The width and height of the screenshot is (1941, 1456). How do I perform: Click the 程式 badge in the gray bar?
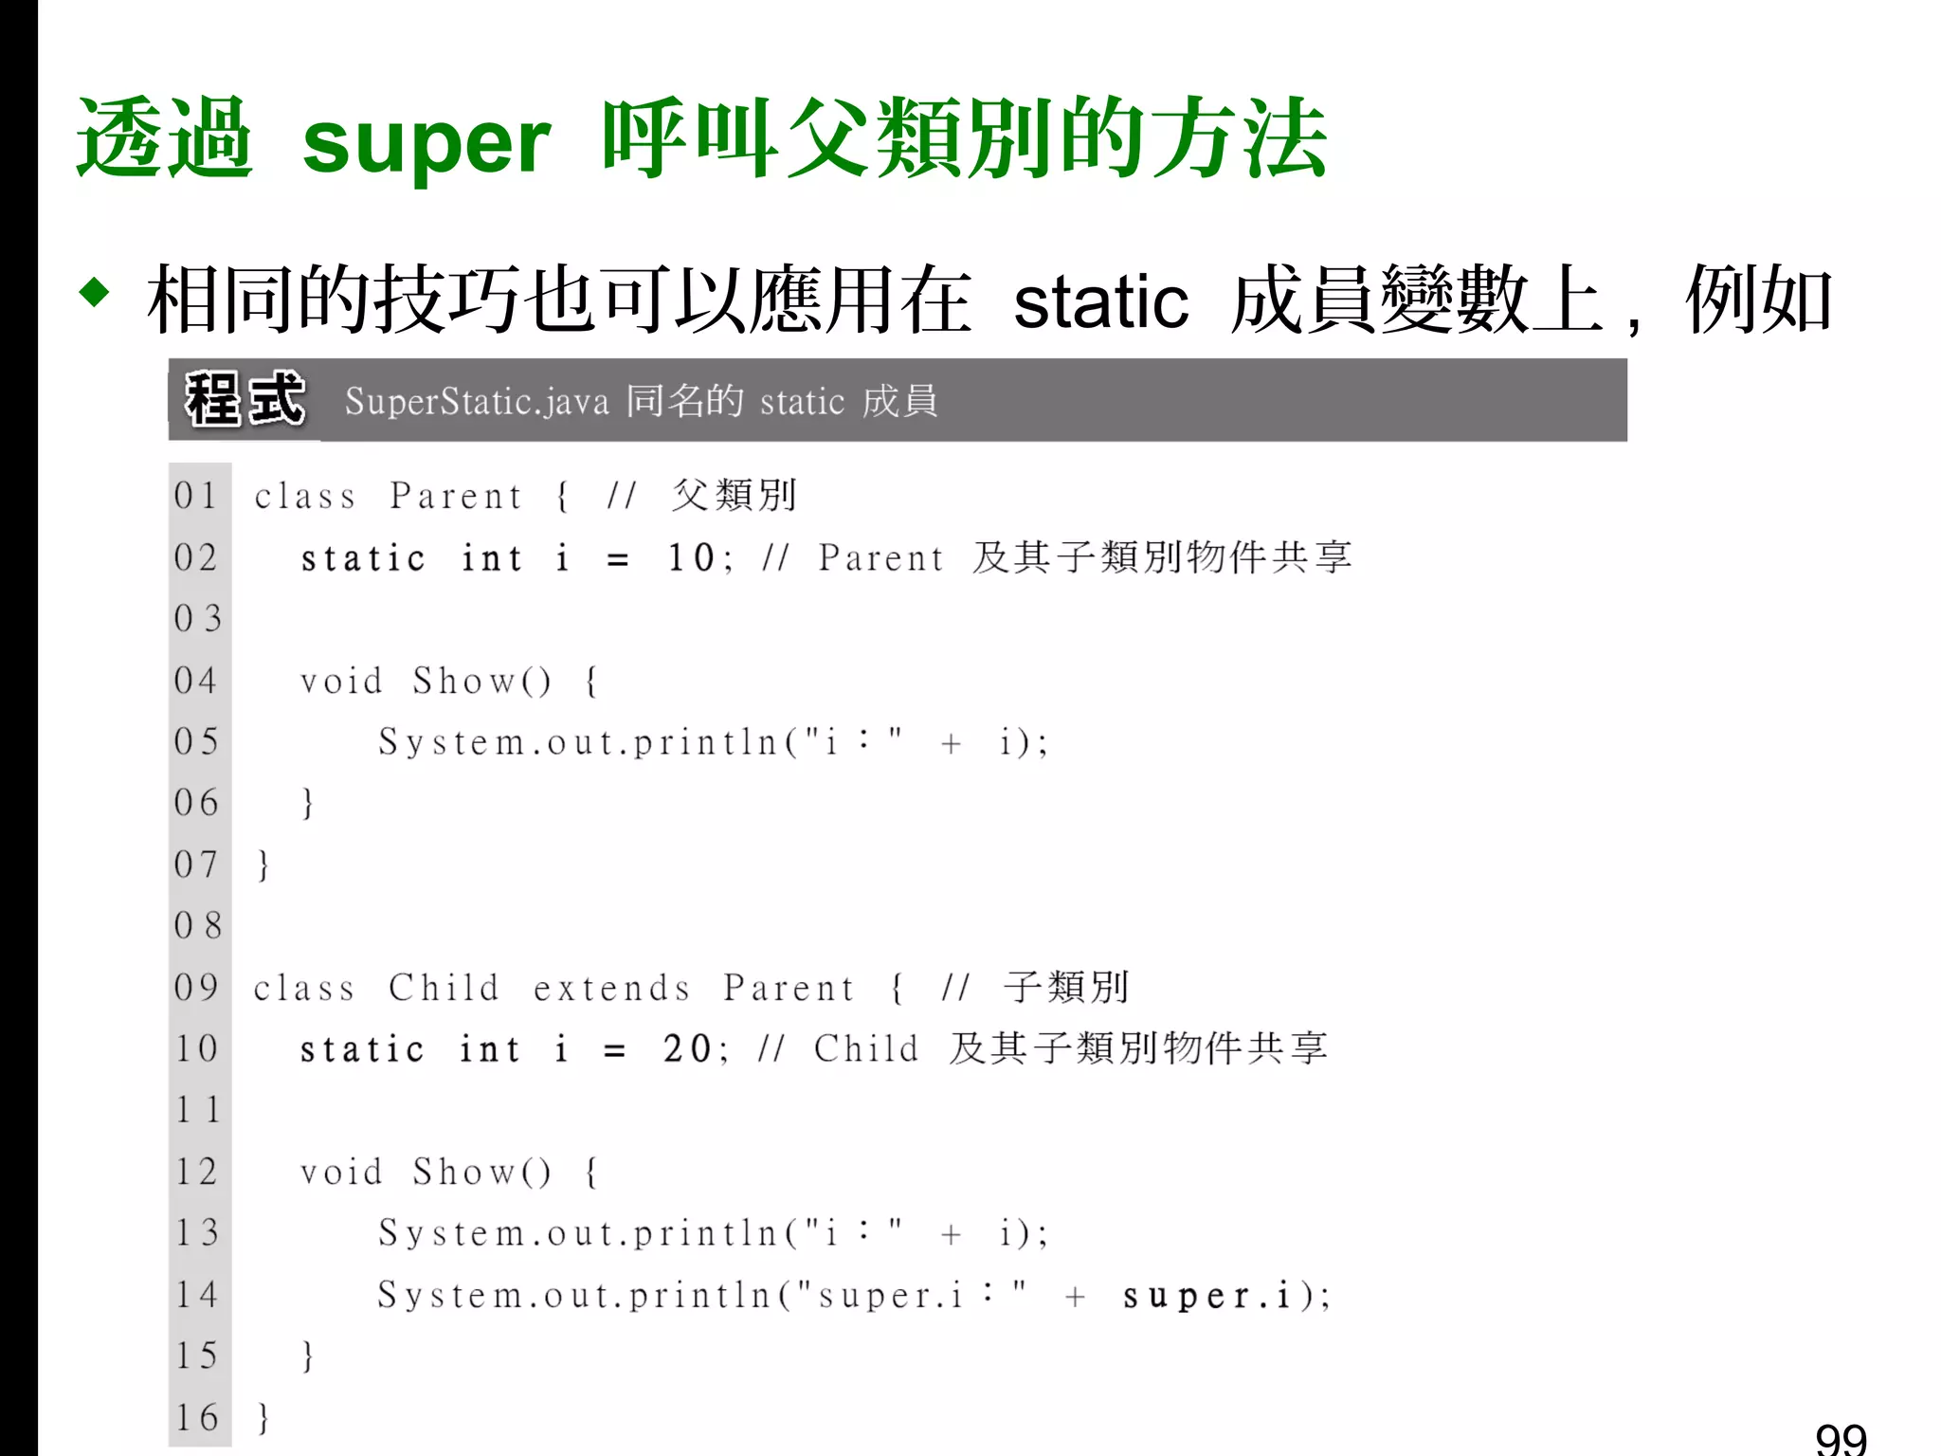pyautogui.click(x=245, y=400)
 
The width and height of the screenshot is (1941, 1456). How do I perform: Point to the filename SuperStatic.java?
pyautogui.click(x=477, y=402)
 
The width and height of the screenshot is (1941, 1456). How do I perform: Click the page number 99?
pyautogui.click(x=1841, y=1439)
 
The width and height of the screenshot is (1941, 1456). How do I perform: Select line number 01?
pyautogui.click(x=196, y=496)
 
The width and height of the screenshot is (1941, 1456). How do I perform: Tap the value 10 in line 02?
pyautogui.click(x=691, y=557)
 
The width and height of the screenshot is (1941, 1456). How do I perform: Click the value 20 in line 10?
pyautogui.click(x=687, y=1048)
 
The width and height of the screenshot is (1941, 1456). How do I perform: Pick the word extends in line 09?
pyautogui.click(x=611, y=989)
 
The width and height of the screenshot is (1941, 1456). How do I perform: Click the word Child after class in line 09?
pyautogui.click(x=444, y=989)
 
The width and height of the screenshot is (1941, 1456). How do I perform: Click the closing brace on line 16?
pyautogui.click(x=263, y=1418)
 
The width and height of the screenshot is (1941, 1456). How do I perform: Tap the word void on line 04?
pyautogui.click(x=341, y=682)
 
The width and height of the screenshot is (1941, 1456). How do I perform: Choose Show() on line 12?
pyautogui.click(x=481, y=1173)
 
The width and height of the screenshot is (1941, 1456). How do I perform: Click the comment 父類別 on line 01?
pyautogui.click(x=735, y=495)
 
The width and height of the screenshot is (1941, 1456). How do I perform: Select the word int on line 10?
pyautogui.click(x=490, y=1049)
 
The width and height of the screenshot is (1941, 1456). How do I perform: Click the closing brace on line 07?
pyautogui.click(x=263, y=865)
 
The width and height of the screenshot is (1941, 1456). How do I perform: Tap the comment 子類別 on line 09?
pyautogui.click(x=1066, y=988)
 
